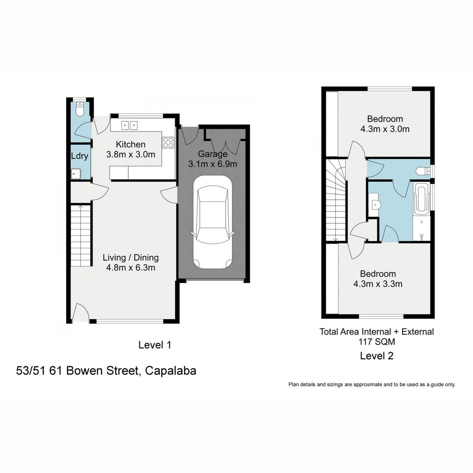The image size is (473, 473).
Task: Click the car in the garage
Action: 212,223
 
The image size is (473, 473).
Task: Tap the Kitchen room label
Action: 131,145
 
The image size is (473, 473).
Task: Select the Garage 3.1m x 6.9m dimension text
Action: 212,164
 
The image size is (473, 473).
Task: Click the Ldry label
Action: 80,156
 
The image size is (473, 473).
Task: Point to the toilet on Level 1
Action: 79,109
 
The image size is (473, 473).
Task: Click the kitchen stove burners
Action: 168,142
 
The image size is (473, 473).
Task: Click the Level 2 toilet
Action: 424,171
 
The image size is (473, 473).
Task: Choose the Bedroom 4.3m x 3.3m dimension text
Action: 378,284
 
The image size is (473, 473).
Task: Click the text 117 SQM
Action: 377,342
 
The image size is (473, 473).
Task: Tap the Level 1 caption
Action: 155,345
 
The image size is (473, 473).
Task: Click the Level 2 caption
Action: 377,356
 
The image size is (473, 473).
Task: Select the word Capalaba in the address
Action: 170,371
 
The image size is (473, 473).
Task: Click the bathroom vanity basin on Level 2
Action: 375,204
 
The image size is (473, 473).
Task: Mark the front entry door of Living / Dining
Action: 80,313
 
